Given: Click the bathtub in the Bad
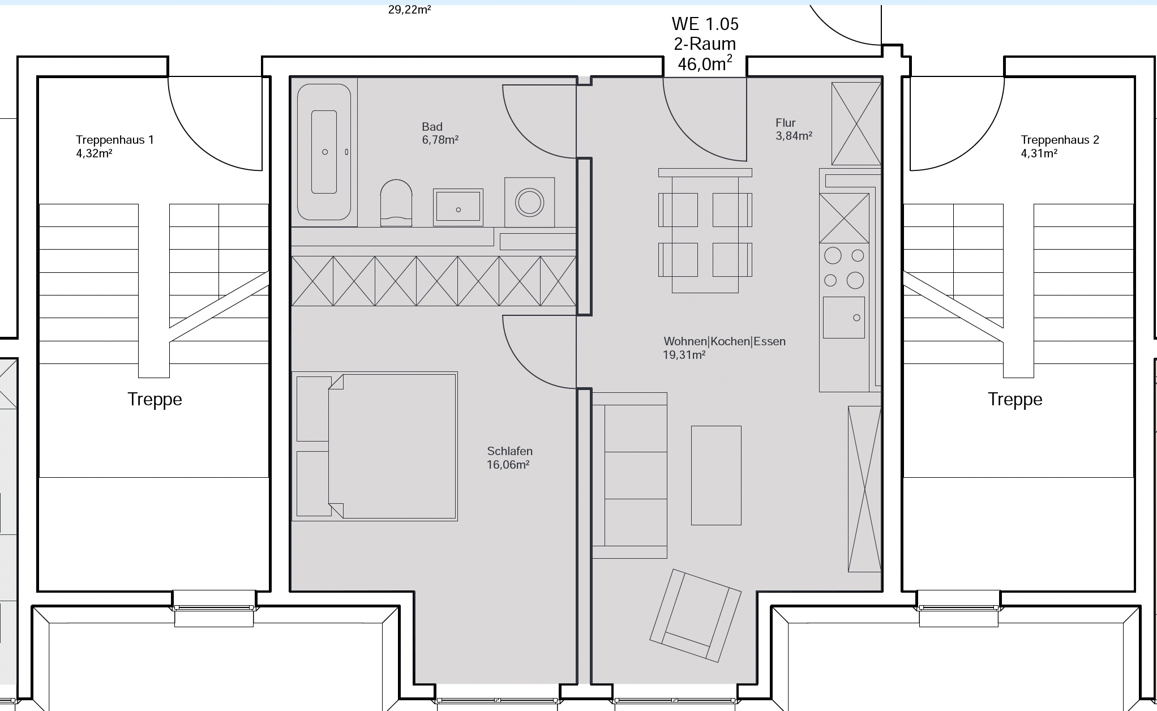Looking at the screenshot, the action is pyautogui.click(x=324, y=152).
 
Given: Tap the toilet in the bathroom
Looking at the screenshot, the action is pyautogui.click(x=396, y=203).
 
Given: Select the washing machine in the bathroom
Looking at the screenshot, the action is pyautogui.click(x=530, y=202).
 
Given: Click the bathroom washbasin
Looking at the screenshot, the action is pyautogui.click(x=458, y=207).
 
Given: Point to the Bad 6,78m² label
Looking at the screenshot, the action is pyautogui.click(x=440, y=133).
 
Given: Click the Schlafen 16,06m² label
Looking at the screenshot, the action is pyautogui.click(x=509, y=458).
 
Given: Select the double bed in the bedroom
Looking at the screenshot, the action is pyautogui.click(x=375, y=446).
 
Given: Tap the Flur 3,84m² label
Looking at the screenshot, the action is pyautogui.click(x=794, y=129).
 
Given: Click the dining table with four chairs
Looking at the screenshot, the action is pyautogui.click(x=705, y=230).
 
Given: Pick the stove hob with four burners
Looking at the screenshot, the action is pyautogui.click(x=844, y=268).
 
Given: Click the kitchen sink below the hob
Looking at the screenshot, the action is pyautogui.click(x=844, y=318).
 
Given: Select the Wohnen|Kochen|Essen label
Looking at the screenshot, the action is pyautogui.click(x=725, y=341).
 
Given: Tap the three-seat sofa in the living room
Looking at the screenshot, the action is pyautogui.click(x=629, y=476).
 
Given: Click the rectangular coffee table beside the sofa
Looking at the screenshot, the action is pyautogui.click(x=716, y=476).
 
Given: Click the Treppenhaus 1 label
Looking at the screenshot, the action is pyautogui.click(x=115, y=140).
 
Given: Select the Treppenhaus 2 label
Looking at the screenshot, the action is pyautogui.click(x=1060, y=140).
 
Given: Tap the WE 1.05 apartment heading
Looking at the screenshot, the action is pyautogui.click(x=705, y=24).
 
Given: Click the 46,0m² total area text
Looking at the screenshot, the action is pyautogui.click(x=705, y=63).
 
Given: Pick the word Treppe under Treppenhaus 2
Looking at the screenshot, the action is pyautogui.click(x=1015, y=400).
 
